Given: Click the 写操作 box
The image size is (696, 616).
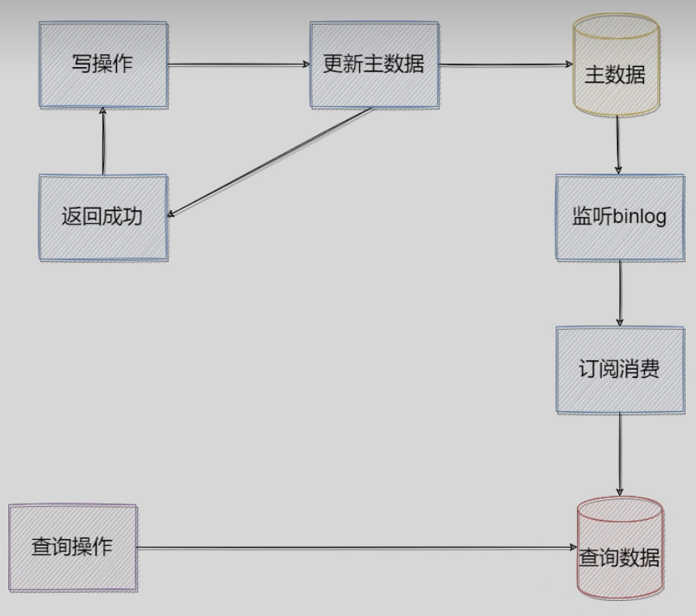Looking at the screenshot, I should pos(103,65).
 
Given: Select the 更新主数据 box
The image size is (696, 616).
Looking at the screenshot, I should pos(374,65).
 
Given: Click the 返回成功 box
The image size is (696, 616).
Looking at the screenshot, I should pos(103,218).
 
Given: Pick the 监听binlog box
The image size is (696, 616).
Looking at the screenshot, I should pos(620,218).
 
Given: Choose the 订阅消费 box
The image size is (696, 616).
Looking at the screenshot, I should pos(620,370).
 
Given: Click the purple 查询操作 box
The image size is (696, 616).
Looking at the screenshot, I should pos(73,547).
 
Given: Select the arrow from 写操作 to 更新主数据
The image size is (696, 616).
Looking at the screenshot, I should pos(238,65).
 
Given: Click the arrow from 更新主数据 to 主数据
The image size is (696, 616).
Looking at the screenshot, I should pos(505,65).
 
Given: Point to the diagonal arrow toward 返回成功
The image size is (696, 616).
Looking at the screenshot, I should pos(271,162).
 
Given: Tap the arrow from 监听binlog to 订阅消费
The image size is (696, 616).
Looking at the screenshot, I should pos(621,294).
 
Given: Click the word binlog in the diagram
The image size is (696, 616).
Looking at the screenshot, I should pos(640,218).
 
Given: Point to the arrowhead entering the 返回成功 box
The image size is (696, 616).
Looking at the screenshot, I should pos(172,215).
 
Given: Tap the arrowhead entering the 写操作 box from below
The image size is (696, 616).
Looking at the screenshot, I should pos(103,112).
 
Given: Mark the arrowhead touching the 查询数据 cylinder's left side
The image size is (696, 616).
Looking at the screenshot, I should pos(575,548).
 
